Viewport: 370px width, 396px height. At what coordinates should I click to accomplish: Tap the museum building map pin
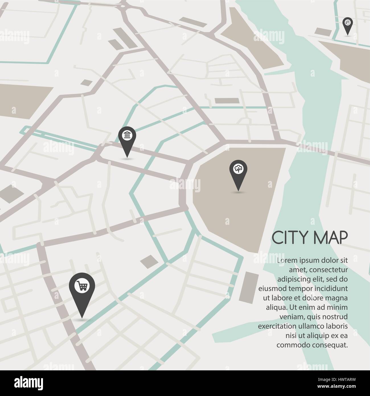[x=127, y=136]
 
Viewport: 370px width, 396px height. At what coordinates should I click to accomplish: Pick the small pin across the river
[x=348, y=23]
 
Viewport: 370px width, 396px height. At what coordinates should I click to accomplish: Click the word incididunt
[x=332, y=289]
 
